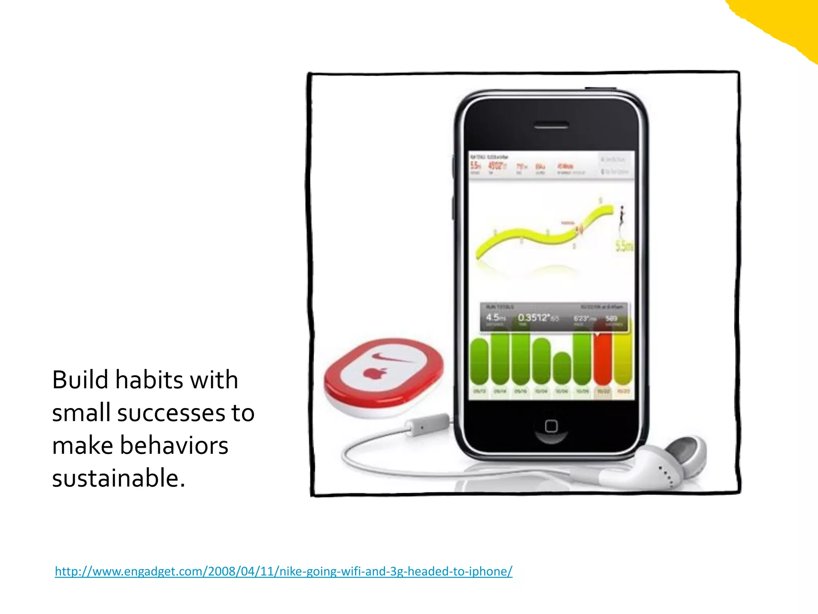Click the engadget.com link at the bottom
point(283,571)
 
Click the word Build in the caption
point(80,380)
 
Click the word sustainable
point(119,478)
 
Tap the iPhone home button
point(551,426)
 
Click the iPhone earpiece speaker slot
point(551,126)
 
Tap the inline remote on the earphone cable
point(427,425)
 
